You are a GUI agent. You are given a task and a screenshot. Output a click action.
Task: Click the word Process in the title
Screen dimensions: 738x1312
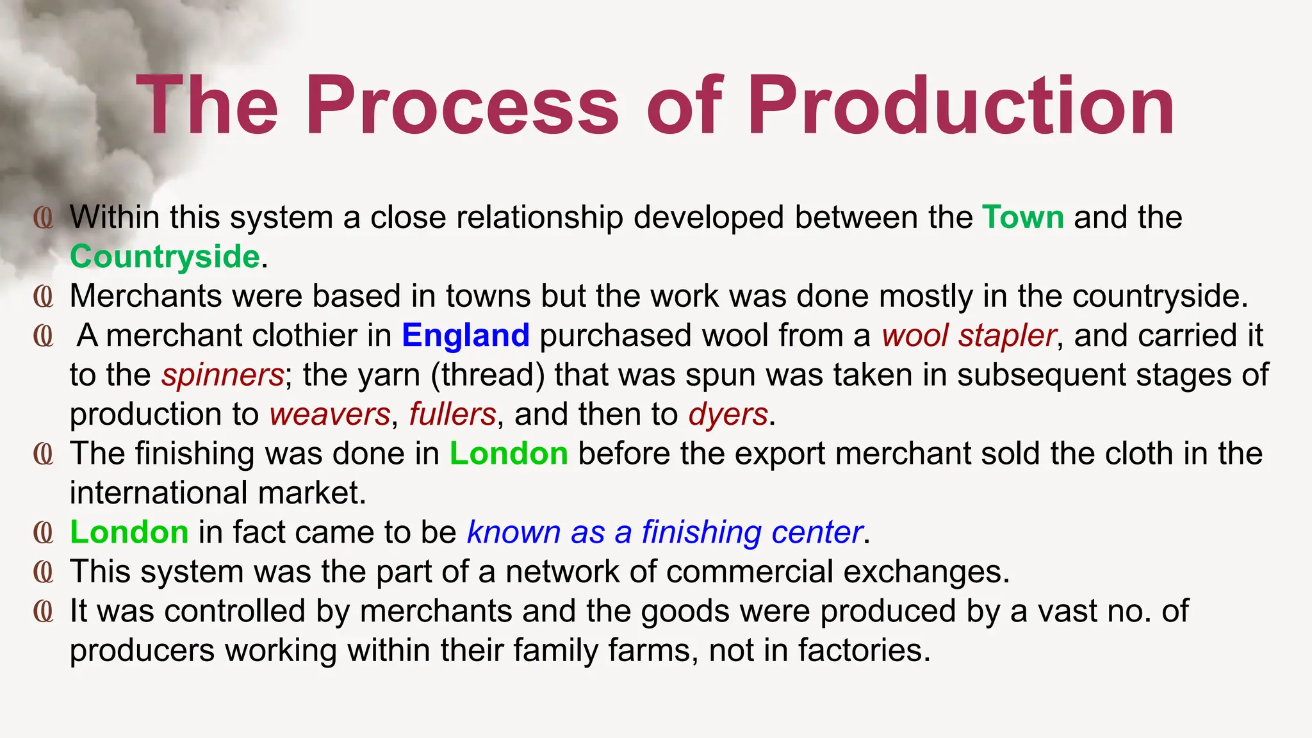462,106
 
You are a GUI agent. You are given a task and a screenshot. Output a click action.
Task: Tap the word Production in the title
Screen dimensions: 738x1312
961,106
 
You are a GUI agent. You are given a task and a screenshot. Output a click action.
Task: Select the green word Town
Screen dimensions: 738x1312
1023,217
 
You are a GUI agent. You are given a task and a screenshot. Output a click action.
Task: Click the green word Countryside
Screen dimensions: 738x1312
165,256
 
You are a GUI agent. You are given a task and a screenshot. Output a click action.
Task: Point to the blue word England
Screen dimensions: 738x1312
466,335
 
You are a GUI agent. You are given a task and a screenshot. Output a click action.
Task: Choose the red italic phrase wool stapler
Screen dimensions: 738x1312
969,335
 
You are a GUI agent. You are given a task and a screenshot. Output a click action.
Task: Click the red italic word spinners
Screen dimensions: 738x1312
222,375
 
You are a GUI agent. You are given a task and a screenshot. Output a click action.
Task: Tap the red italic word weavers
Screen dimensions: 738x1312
329,414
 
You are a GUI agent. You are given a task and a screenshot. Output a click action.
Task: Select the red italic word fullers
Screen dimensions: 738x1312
452,414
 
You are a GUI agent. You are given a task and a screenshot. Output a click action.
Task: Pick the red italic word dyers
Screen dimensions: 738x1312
728,414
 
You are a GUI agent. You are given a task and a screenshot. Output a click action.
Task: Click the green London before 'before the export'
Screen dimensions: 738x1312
509,454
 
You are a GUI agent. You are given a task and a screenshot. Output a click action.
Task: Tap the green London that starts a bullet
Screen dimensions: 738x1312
129,532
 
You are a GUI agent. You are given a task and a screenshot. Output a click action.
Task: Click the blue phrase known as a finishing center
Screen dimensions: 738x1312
664,532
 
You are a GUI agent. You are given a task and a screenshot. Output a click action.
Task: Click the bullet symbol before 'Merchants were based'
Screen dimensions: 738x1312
44,297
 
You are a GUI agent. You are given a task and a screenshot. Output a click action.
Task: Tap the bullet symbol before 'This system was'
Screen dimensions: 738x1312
44,572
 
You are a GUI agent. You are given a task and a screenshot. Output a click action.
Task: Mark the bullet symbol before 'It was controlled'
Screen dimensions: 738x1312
44,611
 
